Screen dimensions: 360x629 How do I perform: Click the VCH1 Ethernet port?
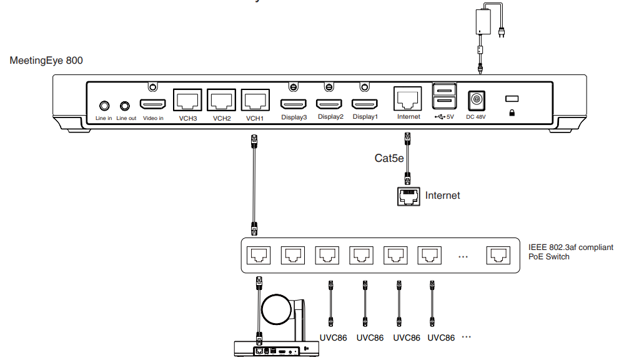click(255, 100)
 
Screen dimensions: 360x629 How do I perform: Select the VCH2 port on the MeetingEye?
click(221, 100)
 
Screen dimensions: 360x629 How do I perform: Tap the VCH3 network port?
click(187, 100)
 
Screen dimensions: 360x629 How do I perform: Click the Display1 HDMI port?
click(365, 104)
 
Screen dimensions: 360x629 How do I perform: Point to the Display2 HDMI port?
click(330, 104)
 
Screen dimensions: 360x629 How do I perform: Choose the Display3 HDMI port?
click(294, 104)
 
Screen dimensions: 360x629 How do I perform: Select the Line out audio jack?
click(126, 106)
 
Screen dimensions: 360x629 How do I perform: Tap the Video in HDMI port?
click(152, 104)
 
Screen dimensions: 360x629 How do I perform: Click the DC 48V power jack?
click(477, 99)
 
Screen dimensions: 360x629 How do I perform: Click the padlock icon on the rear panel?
click(512, 113)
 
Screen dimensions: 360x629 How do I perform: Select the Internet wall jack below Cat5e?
click(408, 196)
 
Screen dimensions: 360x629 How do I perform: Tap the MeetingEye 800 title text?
click(46, 61)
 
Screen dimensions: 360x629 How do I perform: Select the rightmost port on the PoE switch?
click(497, 255)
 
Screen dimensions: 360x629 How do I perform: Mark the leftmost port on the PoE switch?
click(258, 255)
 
